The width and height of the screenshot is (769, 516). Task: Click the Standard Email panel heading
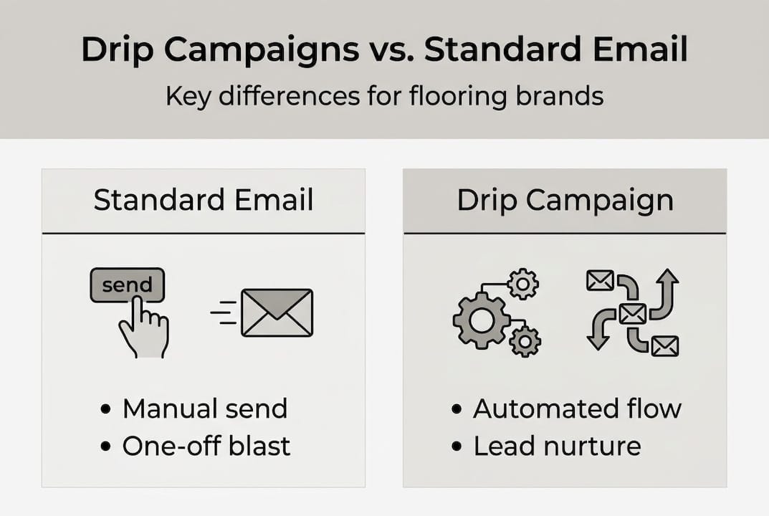[x=204, y=201]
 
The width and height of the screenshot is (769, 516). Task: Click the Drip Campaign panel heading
[x=565, y=201]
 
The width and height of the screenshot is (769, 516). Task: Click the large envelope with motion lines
[x=277, y=312]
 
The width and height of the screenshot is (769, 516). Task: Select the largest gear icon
[x=481, y=320]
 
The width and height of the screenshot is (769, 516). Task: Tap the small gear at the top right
[x=523, y=285]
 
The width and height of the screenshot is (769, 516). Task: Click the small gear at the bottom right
[x=525, y=341]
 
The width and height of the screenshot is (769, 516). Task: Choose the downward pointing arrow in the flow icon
[x=598, y=332]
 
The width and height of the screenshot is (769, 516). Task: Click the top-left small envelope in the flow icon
[x=599, y=281]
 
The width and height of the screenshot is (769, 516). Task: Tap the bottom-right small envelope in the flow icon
[x=664, y=346]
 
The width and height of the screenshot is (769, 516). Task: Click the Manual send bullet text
[x=204, y=408]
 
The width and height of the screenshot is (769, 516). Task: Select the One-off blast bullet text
[x=206, y=446]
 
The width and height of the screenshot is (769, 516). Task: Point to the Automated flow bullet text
[x=577, y=408]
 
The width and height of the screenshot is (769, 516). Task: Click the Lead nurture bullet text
[x=557, y=446]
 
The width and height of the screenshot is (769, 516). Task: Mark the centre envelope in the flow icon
[x=632, y=313]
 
